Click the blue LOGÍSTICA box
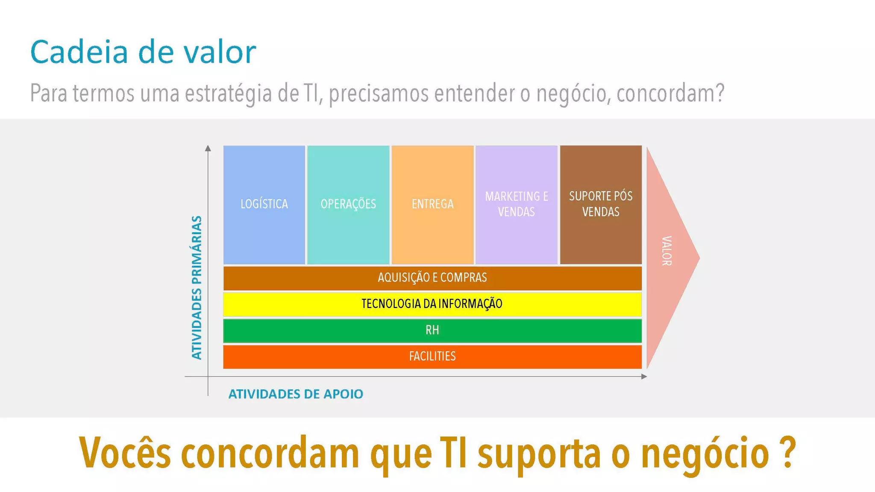(x=264, y=205)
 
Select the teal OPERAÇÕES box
(x=348, y=205)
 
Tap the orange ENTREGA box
(x=432, y=205)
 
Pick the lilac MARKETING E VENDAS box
(x=516, y=205)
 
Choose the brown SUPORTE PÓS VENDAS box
(x=601, y=205)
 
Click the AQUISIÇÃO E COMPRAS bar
(x=432, y=278)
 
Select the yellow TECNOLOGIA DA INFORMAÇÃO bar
(x=432, y=304)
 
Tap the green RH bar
(x=432, y=330)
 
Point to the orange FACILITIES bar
(x=432, y=356)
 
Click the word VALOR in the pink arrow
(x=667, y=251)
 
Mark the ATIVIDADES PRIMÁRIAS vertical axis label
(x=197, y=287)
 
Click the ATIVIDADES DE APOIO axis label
(x=296, y=394)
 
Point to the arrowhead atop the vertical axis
(x=208, y=148)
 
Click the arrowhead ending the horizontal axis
(x=644, y=376)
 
